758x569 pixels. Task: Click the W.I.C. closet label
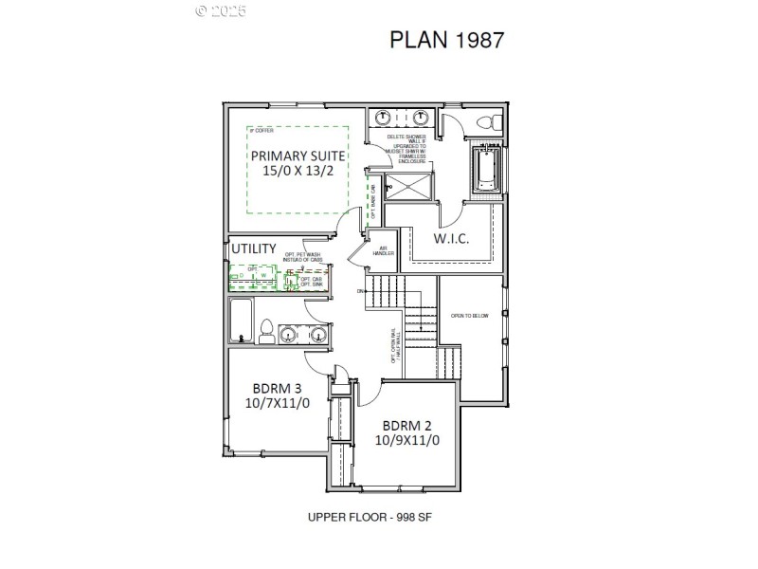click(x=452, y=238)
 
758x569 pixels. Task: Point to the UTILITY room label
click(x=254, y=248)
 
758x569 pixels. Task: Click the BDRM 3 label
click(x=277, y=388)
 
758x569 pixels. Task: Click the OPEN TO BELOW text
click(x=470, y=315)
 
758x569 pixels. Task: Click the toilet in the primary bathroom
click(x=488, y=121)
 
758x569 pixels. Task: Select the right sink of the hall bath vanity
click(x=318, y=334)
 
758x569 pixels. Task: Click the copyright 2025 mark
click(x=221, y=10)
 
